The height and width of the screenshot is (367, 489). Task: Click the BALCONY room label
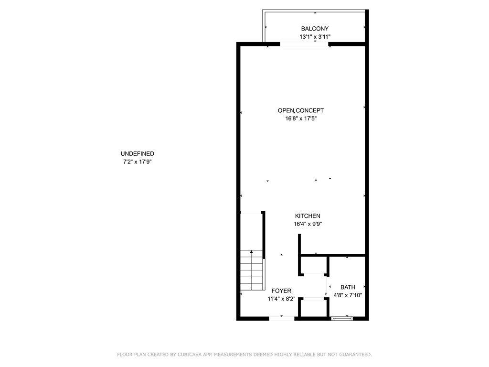(x=315, y=29)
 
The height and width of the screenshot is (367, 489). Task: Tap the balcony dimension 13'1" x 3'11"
(x=315, y=37)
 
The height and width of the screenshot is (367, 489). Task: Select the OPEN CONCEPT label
(x=301, y=110)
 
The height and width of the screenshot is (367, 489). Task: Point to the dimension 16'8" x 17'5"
(x=301, y=119)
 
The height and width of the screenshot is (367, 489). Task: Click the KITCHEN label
(x=307, y=216)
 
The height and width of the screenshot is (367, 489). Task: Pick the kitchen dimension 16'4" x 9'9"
(x=307, y=224)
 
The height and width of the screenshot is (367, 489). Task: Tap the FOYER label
(x=281, y=291)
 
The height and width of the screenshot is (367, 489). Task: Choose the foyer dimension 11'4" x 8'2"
(x=281, y=299)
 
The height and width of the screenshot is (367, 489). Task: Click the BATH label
(x=348, y=287)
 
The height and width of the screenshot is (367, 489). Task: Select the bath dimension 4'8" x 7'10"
(x=348, y=295)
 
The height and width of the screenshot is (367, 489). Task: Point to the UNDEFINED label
(x=137, y=153)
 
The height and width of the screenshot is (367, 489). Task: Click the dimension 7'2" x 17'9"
(x=137, y=162)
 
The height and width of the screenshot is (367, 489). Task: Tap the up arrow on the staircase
(x=251, y=252)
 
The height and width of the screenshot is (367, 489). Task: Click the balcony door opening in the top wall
(x=305, y=44)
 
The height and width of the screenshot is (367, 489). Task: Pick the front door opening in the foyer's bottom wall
(x=281, y=318)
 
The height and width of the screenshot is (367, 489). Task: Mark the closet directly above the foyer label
(x=314, y=265)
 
